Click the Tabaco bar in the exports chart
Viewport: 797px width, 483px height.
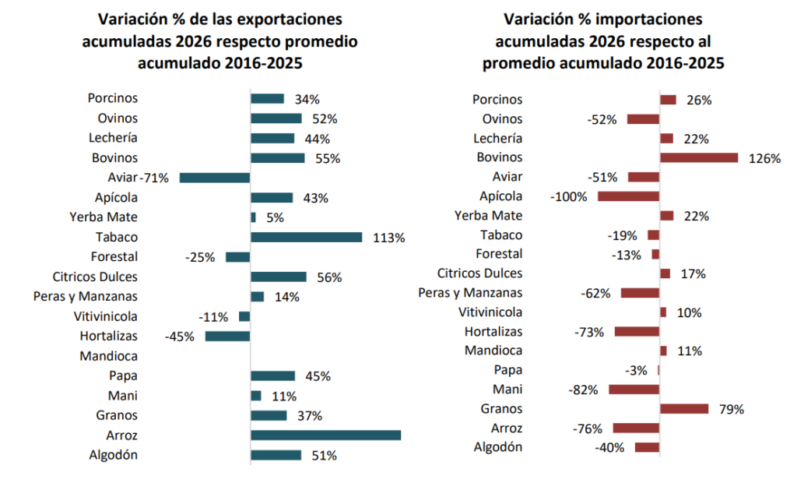306,237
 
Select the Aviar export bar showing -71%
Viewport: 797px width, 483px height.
215,178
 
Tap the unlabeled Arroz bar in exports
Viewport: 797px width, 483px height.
325,435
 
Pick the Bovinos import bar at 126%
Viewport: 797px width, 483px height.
698,158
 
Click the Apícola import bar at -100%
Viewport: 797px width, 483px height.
628,196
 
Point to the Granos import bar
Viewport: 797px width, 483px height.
683,409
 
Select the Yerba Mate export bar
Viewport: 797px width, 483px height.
253,217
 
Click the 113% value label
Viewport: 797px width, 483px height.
388,238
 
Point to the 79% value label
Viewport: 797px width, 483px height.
732,409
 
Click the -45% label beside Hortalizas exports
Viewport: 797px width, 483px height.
179,337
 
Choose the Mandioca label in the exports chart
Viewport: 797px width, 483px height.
108,356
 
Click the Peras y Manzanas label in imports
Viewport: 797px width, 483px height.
470,293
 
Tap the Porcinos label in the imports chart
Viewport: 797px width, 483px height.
497,100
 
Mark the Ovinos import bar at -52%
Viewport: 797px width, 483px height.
643,119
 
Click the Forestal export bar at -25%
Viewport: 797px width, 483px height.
237,257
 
